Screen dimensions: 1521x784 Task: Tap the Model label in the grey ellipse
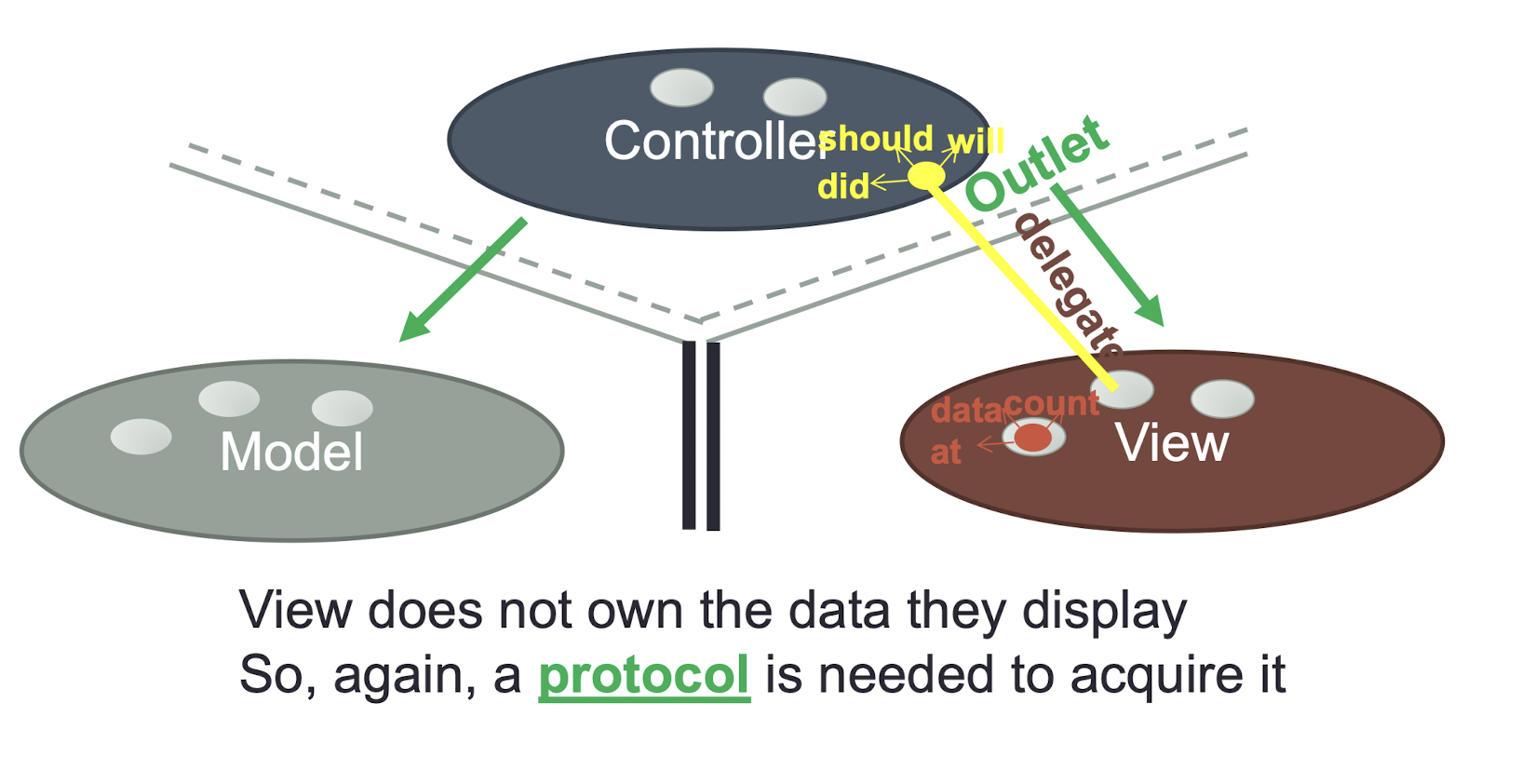pyautogui.click(x=292, y=452)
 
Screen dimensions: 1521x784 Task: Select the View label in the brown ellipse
pyautogui.click(x=1172, y=443)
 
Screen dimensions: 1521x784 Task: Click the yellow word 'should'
pyautogui.click(x=876, y=139)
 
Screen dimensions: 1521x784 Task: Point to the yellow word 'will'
pyautogui.click(x=976, y=142)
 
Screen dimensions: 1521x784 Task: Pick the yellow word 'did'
pyautogui.click(x=843, y=185)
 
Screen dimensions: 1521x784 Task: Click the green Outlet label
pyautogui.click(x=1038, y=163)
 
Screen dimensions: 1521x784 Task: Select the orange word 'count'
pyautogui.click(x=1052, y=404)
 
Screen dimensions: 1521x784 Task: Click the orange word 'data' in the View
pyautogui.click(x=967, y=411)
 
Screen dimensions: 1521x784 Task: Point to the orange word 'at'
pyautogui.click(x=946, y=453)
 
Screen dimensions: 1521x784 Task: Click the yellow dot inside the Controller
pyautogui.click(x=926, y=175)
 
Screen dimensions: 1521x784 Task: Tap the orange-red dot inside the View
pyautogui.click(x=1033, y=437)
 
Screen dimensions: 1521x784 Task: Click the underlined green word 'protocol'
pyautogui.click(x=644, y=677)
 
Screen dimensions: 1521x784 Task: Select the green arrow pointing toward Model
pyautogui.click(x=463, y=280)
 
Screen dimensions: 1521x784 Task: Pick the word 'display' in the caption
pyautogui.click(x=1105, y=612)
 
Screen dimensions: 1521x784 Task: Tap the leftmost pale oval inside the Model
pyautogui.click(x=141, y=436)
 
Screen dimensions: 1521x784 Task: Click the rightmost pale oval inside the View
pyautogui.click(x=1222, y=399)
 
